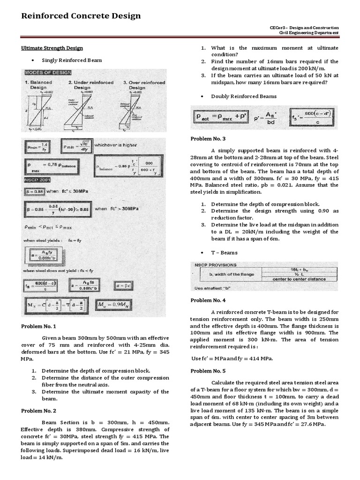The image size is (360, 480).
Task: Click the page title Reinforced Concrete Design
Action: click(x=81, y=16)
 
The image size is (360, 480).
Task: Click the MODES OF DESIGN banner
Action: click(x=48, y=73)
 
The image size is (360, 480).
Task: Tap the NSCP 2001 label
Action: click(x=37, y=180)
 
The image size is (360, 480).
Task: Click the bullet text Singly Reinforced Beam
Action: click(x=72, y=60)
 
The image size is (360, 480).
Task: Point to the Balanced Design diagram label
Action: click(x=38, y=85)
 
